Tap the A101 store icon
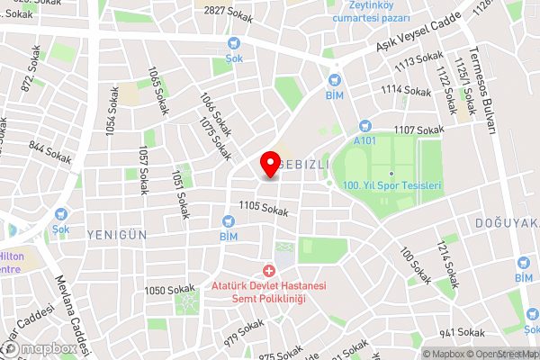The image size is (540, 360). (x=364, y=128)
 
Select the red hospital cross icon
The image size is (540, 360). (x=267, y=271)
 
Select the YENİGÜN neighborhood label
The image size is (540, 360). (x=117, y=233)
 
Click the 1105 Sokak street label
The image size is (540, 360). (x=264, y=210)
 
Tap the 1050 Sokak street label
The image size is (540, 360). (x=169, y=290)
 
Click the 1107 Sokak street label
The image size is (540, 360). (x=418, y=130)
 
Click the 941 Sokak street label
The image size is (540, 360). (x=463, y=332)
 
